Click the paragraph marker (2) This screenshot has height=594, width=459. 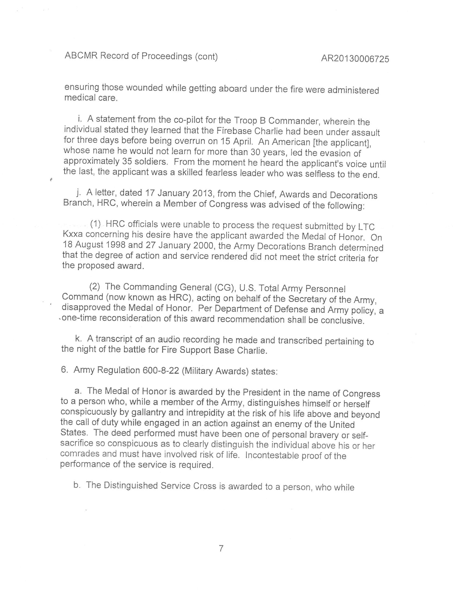(x=95, y=286)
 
